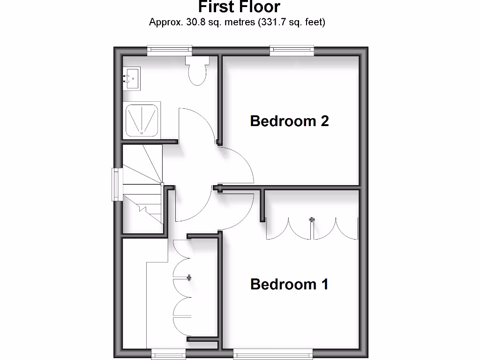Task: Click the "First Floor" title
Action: pyautogui.click(x=239, y=7)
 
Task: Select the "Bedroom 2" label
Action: pyautogui.click(x=289, y=121)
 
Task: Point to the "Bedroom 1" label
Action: pyautogui.click(x=289, y=284)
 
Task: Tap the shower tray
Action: pyautogui.click(x=142, y=120)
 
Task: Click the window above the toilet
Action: pyautogui.click(x=169, y=49)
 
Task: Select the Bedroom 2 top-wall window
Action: pyautogui.click(x=292, y=50)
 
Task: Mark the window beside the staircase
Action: pyautogui.click(x=117, y=185)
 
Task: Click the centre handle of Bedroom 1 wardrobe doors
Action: pyautogui.click(x=312, y=219)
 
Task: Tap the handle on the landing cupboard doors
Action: pyautogui.click(x=189, y=277)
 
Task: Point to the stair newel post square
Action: pyautogui.click(x=162, y=184)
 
